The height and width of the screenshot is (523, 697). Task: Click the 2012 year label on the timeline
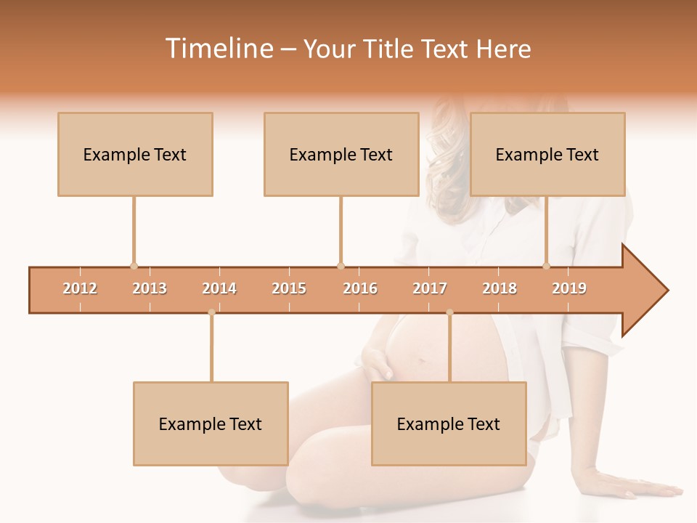pos(80,288)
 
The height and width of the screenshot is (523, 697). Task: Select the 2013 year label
pos(150,288)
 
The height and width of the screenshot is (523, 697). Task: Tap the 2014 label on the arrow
pos(219,288)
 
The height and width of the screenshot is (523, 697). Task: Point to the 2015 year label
pos(289,288)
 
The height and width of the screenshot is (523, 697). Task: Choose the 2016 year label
pos(360,288)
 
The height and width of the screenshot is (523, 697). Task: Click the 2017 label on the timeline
pos(430,288)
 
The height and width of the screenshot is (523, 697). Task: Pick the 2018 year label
pos(500,288)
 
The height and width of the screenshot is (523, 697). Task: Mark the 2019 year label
pos(569,288)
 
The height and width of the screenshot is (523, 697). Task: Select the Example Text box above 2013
pos(135,154)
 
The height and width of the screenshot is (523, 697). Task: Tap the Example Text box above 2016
pos(341,154)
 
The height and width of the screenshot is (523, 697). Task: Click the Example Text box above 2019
pos(547,154)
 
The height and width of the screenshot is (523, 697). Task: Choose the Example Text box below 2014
pos(211,423)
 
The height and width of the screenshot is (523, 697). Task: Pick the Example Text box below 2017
pos(449,423)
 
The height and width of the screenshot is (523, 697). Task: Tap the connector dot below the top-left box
pos(134,266)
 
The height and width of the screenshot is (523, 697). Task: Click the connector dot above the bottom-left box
pos(211,312)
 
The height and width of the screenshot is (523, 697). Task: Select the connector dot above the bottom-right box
pos(449,312)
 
